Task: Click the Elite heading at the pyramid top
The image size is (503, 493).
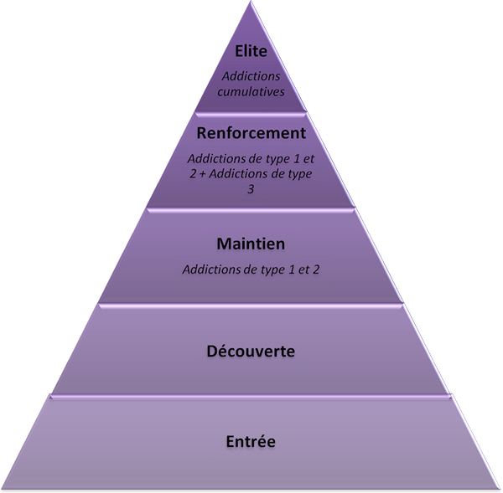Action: (251, 51)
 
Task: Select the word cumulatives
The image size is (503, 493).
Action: (251, 92)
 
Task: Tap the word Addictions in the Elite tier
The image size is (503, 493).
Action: (251, 76)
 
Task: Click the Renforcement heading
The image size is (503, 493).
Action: (251, 133)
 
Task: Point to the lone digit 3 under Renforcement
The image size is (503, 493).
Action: (251, 189)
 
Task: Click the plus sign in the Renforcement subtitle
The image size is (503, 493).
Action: (202, 174)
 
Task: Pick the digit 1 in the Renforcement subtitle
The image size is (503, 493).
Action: (296, 159)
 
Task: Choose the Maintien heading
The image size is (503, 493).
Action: (251, 244)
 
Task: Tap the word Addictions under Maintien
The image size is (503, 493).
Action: (212, 270)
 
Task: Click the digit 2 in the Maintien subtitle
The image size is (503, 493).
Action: (316, 270)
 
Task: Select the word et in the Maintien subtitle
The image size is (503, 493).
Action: (303, 270)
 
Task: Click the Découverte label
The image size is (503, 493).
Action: (251, 352)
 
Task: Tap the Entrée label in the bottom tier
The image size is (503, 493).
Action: (251, 441)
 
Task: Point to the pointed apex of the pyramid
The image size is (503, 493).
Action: (251, 2)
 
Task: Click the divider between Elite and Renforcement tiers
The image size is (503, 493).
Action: (251, 115)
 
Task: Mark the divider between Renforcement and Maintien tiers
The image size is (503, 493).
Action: (251, 210)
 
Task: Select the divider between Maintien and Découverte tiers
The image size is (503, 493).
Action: (251, 306)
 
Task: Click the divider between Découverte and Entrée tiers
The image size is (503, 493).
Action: (251, 397)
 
